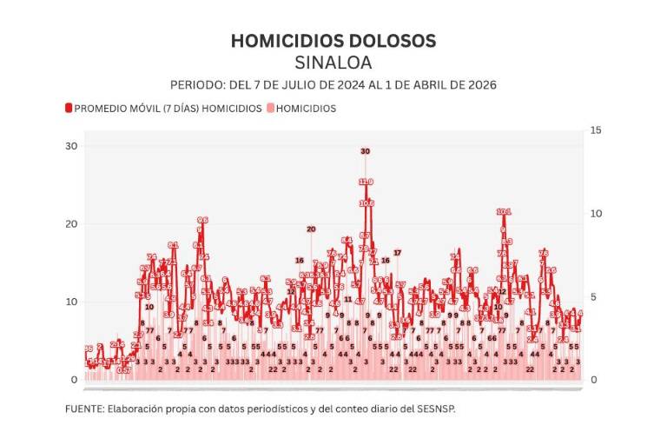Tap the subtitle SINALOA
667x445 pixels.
(333, 63)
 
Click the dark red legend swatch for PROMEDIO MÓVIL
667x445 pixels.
(68, 109)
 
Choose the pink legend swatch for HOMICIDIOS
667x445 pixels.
(270, 109)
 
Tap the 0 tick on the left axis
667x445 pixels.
(74, 381)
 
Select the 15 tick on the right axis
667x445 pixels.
(596, 130)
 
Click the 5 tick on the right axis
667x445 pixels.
(594, 297)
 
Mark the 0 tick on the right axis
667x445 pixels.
(594, 381)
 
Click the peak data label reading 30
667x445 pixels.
(365, 151)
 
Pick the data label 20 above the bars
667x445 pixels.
(310, 229)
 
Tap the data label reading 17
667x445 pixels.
(398, 252)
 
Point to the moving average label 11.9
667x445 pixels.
(366, 182)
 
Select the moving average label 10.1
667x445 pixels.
(504, 212)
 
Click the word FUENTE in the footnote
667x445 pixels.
(83, 408)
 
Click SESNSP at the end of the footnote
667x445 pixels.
(436, 408)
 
